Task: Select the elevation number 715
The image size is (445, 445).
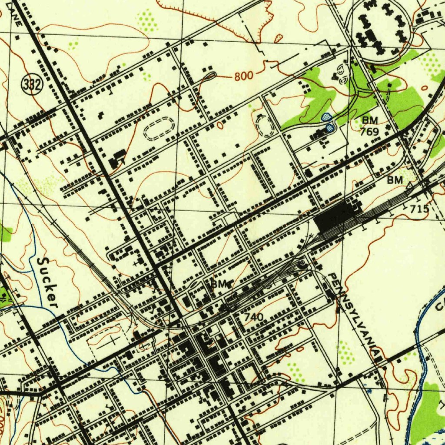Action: [419, 209]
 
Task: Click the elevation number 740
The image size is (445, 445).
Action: [253, 317]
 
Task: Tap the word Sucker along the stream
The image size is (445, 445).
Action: [47, 282]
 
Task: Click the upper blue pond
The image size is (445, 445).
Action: [326, 117]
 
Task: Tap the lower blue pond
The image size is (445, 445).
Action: [330, 127]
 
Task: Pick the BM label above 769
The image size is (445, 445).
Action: [370, 120]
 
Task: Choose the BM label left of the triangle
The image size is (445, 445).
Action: [395, 179]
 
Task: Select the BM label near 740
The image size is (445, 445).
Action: [219, 285]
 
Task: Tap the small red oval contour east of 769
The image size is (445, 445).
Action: [425, 89]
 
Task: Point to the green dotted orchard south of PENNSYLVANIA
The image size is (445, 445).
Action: [346, 350]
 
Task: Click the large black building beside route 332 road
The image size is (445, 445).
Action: [117, 158]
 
